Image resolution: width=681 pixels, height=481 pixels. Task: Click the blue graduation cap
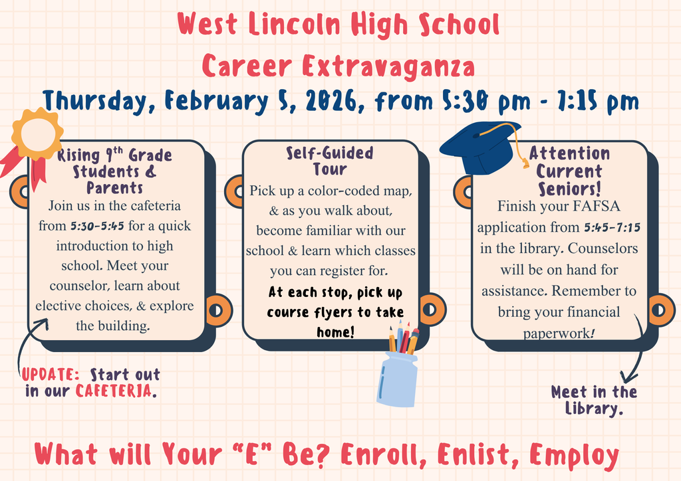point(480,147)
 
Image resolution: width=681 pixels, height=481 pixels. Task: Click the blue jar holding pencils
point(397,379)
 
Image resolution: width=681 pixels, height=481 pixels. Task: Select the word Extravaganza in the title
point(388,66)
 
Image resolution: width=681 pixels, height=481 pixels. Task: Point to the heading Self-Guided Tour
point(330,161)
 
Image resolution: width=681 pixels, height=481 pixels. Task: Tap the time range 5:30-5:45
point(98,226)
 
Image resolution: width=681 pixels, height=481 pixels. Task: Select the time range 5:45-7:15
point(612,228)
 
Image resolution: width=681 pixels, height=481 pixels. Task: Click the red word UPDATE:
point(51,375)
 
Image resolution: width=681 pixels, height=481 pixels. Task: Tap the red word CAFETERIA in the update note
point(114,390)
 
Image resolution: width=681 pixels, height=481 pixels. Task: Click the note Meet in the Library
point(594,400)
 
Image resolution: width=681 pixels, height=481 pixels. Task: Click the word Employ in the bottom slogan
point(575,456)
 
